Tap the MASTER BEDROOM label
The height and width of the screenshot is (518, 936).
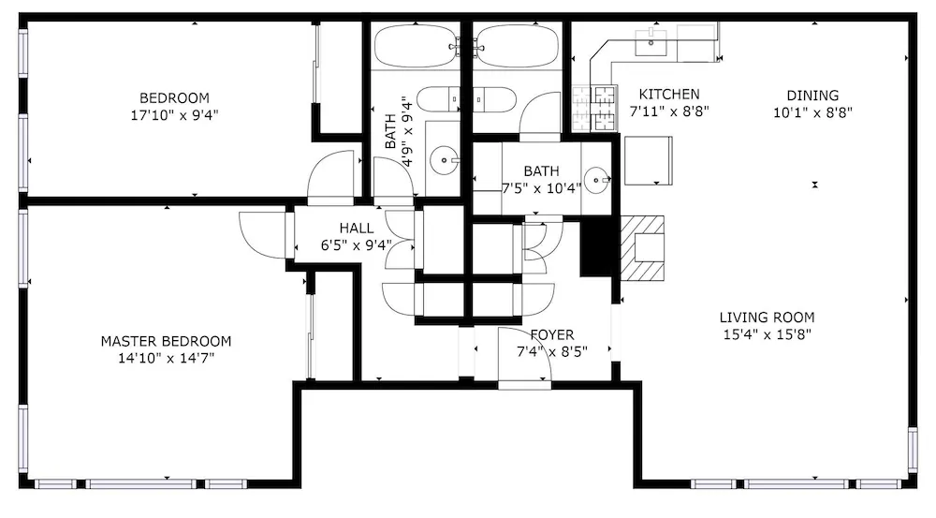click(166, 341)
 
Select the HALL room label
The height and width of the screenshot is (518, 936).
click(357, 228)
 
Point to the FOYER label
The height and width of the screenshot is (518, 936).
click(552, 334)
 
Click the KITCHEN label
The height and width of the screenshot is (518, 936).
click(669, 95)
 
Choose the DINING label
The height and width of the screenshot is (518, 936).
click(812, 96)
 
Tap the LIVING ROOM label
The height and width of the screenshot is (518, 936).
click(768, 318)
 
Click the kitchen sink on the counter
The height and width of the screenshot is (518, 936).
click(651, 42)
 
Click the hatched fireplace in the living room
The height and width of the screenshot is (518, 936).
click(642, 248)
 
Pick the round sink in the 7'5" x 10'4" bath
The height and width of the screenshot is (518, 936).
click(596, 180)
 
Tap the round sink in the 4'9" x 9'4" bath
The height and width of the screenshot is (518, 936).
click(444, 160)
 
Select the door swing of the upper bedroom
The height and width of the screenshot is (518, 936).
click(330, 174)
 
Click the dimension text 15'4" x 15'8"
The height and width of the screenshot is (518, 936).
click(768, 334)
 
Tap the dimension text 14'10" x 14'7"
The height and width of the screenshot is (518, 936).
click(166, 359)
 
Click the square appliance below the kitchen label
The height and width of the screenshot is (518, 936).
click(649, 161)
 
